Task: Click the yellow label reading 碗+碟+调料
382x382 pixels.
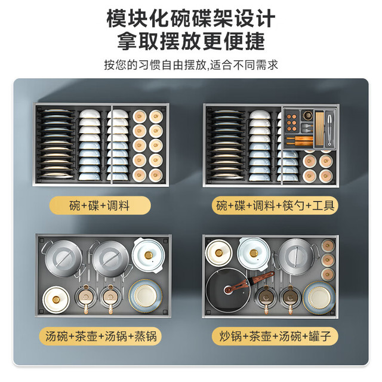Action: coord(100,205)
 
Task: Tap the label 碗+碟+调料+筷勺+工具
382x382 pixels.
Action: coord(275,205)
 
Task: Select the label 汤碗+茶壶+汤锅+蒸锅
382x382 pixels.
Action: coord(100,337)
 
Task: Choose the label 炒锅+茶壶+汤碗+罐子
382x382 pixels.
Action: coord(275,337)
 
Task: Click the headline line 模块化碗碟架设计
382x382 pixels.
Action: coord(191,19)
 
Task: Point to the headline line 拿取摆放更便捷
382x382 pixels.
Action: coord(191,41)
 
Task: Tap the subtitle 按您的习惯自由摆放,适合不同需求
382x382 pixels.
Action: coord(191,65)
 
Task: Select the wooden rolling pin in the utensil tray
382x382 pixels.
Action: coord(300,140)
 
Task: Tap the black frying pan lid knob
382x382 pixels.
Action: coord(229,289)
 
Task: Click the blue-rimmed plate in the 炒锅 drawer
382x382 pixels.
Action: coord(319,297)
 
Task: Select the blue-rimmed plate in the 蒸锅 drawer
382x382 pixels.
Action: coord(146,296)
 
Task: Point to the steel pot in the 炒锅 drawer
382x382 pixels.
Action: coord(296,256)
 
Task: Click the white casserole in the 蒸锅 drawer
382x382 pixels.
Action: coord(149,255)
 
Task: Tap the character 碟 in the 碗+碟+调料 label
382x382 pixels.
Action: coord(94,205)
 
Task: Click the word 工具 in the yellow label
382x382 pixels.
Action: coord(324,205)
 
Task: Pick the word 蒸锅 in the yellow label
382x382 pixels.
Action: coord(146,337)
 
